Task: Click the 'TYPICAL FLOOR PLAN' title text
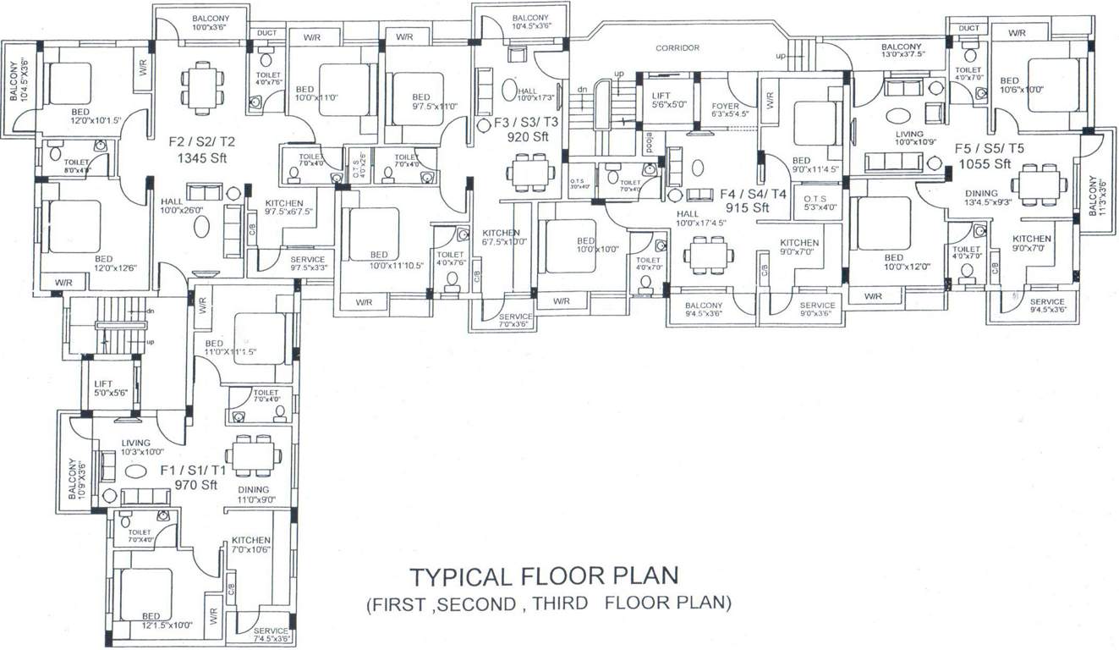coord(544,576)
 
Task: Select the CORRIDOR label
coord(677,48)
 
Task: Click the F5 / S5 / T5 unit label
coord(990,148)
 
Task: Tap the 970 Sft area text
coord(196,485)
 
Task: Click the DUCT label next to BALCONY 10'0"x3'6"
coord(266,33)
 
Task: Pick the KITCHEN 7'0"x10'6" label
coord(250,545)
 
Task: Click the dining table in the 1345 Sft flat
coord(203,87)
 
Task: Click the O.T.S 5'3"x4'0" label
coord(820,202)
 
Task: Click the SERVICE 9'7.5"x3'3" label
coord(308,264)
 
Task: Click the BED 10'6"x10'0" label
coord(1021,85)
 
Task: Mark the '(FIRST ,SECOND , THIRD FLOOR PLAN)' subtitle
coord(547,604)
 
